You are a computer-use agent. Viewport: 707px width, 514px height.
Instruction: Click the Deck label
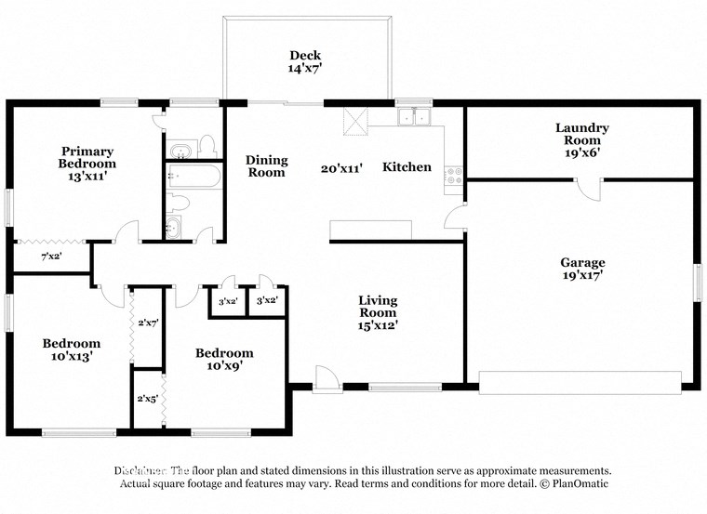pyautogui.click(x=305, y=55)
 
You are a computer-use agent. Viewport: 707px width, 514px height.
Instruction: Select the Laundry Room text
pyautogui.click(x=581, y=134)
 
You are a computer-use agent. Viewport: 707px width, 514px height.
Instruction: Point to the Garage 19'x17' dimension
pyautogui.click(x=582, y=275)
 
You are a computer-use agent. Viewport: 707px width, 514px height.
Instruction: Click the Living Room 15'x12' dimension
pyautogui.click(x=379, y=325)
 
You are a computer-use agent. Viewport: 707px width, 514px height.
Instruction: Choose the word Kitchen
pyautogui.click(x=407, y=167)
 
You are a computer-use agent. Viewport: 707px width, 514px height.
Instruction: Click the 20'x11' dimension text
pyautogui.click(x=341, y=168)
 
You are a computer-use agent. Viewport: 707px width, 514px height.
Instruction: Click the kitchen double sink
pyautogui.click(x=413, y=117)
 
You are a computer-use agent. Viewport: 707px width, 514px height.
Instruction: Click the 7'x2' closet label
pyautogui.click(x=50, y=257)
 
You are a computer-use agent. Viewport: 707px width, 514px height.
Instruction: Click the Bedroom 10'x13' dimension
pyautogui.click(x=72, y=356)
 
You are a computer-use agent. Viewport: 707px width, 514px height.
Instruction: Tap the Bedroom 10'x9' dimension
pyautogui.click(x=224, y=365)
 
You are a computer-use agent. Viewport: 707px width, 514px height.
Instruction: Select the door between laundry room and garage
pyautogui.click(x=588, y=186)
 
